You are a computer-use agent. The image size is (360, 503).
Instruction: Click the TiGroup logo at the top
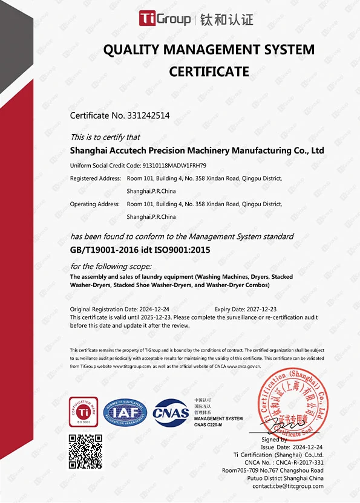coord(164,19)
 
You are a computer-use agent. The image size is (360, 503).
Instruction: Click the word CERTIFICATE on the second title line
coord(209,71)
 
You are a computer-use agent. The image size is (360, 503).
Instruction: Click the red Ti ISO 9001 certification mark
coord(83,411)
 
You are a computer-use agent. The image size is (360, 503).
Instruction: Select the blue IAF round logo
coord(125,412)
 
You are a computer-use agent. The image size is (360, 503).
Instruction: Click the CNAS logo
coord(171,413)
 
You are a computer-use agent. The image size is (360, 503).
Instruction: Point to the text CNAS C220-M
coord(209,424)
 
